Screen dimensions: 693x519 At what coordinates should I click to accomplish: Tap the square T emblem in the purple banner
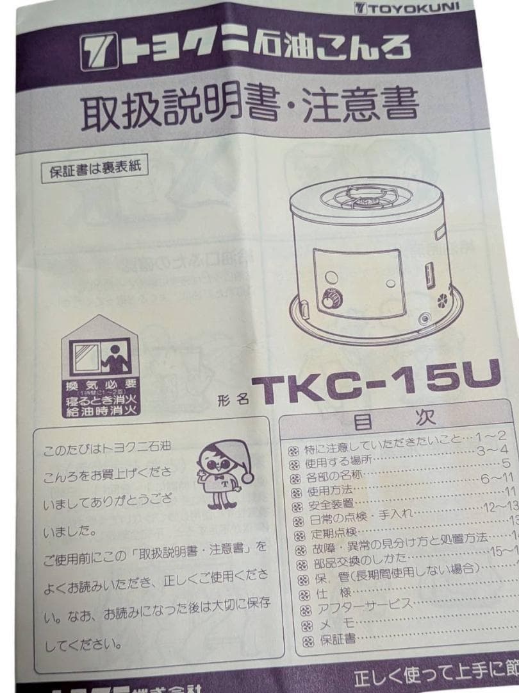pos(99,53)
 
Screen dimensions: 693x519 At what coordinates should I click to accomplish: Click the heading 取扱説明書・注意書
pos(249,106)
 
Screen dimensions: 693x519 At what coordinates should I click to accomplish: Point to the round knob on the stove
pos(332,300)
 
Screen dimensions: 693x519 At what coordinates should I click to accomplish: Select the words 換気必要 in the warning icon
pos(101,386)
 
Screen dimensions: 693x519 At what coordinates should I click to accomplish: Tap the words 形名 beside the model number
pos(233,398)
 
